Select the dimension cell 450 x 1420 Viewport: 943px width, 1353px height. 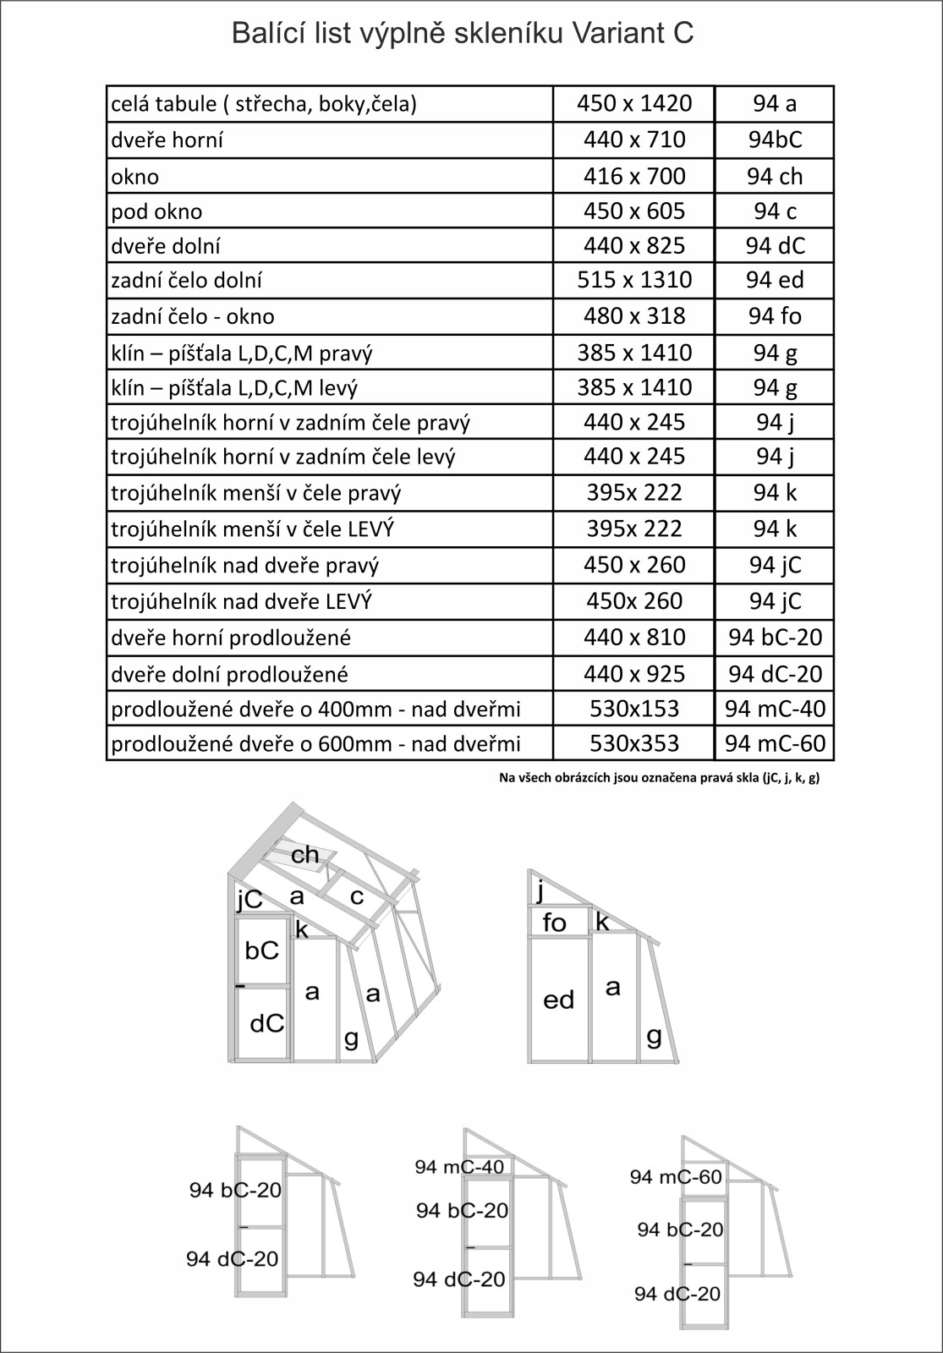634,103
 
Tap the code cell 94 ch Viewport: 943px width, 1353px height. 775,176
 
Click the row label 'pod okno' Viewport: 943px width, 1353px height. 157,211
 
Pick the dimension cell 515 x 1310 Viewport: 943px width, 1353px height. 634,280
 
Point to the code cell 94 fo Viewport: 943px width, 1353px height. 775,316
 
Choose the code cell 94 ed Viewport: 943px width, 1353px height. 775,280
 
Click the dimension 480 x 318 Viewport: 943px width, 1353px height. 634,316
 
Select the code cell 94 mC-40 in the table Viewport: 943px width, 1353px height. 775,709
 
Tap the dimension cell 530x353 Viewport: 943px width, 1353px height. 634,743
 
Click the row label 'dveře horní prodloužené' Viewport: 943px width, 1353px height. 231,638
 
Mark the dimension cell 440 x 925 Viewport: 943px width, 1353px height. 634,674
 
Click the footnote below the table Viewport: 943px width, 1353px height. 659,778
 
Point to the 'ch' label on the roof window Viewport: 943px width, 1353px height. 305,854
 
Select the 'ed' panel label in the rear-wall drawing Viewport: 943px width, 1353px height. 558,1000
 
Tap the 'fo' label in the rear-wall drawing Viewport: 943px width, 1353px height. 554,923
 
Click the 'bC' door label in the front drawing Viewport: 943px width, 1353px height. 261,950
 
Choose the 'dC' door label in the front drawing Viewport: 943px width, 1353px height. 267,1024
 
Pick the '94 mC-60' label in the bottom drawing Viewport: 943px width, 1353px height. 675,1176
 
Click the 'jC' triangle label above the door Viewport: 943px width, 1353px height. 249,901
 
